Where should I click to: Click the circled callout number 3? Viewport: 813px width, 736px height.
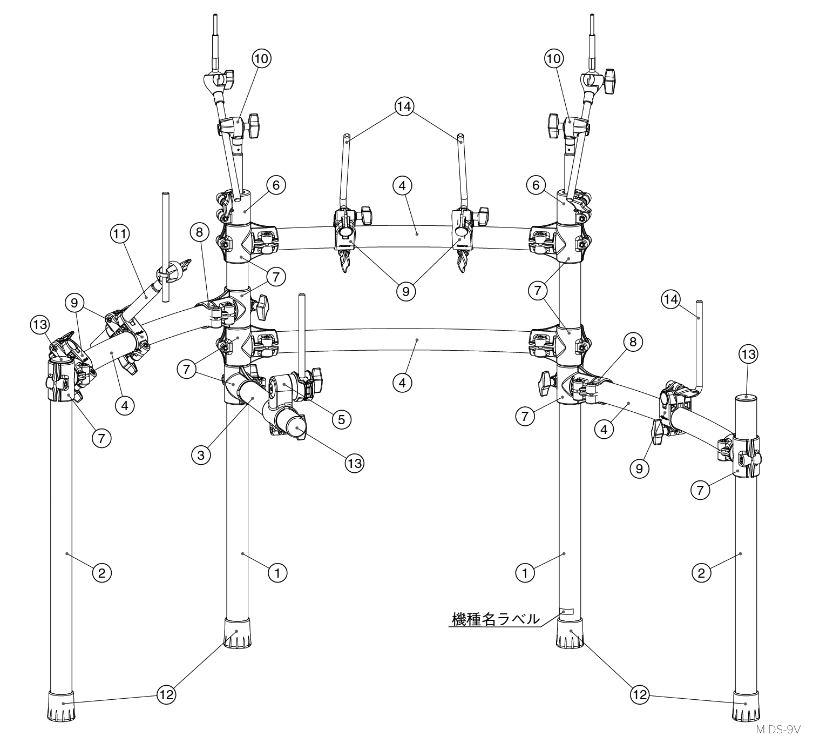pyautogui.click(x=201, y=455)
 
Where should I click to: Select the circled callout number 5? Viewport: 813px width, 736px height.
pyautogui.click(x=341, y=419)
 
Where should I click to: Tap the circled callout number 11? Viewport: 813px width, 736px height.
pyautogui.click(x=119, y=233)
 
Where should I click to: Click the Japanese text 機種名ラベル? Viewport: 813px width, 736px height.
pyautogui.click(x=496, y=619)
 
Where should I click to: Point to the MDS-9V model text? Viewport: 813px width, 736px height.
pyautogui.click(x=778, y=729)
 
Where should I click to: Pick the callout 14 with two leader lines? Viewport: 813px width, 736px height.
pyautogui.click(x=404, y=106)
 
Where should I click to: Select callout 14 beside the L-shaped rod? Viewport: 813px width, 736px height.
pyautogui.click(x=670, y=299)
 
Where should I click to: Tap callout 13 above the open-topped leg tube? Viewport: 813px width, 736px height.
pyautogui.click(x=748, y=354)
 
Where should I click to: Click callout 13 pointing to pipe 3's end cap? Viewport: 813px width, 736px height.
pyautogui.click(x=355, y=463)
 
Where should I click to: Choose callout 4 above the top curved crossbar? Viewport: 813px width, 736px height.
pyautogui.click(x=402, y=186)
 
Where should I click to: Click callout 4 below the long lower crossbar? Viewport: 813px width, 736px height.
pyautogui.click(x=402, y=383)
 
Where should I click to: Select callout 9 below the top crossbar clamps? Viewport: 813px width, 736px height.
pyautogui.click(x=405, y=291)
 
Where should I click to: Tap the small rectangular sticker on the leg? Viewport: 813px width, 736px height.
pyautogui.click(x=567, y=611)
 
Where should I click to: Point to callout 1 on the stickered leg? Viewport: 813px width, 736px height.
pyautogui.click(x=525, y=573)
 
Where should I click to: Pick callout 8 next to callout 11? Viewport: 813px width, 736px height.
pyautogui.click(x=199, y=232)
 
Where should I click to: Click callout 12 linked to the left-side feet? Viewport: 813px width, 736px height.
pyautogui.click(x=167, y=695)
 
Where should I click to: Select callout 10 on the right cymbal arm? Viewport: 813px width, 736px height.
pyautogui.click(x=554, y=58)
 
